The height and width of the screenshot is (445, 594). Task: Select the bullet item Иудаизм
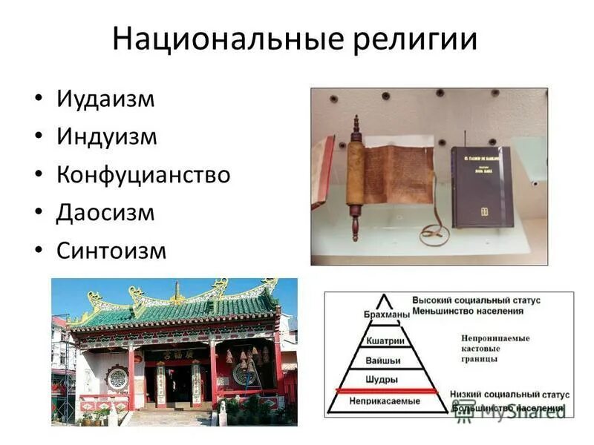tap(105, 99)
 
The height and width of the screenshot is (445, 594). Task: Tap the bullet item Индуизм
tap(107, 136)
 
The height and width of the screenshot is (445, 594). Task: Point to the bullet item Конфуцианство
tap(143, 175)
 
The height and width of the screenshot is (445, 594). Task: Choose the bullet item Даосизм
tap(105, 213)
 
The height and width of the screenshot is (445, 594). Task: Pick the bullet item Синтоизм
tap(111, 251)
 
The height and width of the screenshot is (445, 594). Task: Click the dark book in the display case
tap(480, 185)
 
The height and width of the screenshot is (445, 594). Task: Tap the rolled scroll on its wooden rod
tap(356, 178)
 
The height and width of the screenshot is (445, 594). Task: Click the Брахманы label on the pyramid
tap(386, 314)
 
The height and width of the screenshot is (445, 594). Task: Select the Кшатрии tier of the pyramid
tap(385, 340)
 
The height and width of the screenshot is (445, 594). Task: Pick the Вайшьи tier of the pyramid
tap(385, 360)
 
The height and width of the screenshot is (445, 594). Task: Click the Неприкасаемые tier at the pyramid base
tap(385, 401)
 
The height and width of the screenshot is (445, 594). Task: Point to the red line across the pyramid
tap(394, 390)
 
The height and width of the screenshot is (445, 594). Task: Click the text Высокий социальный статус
tap(476, 300)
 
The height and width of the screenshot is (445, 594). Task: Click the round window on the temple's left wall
tap(117, 378)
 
